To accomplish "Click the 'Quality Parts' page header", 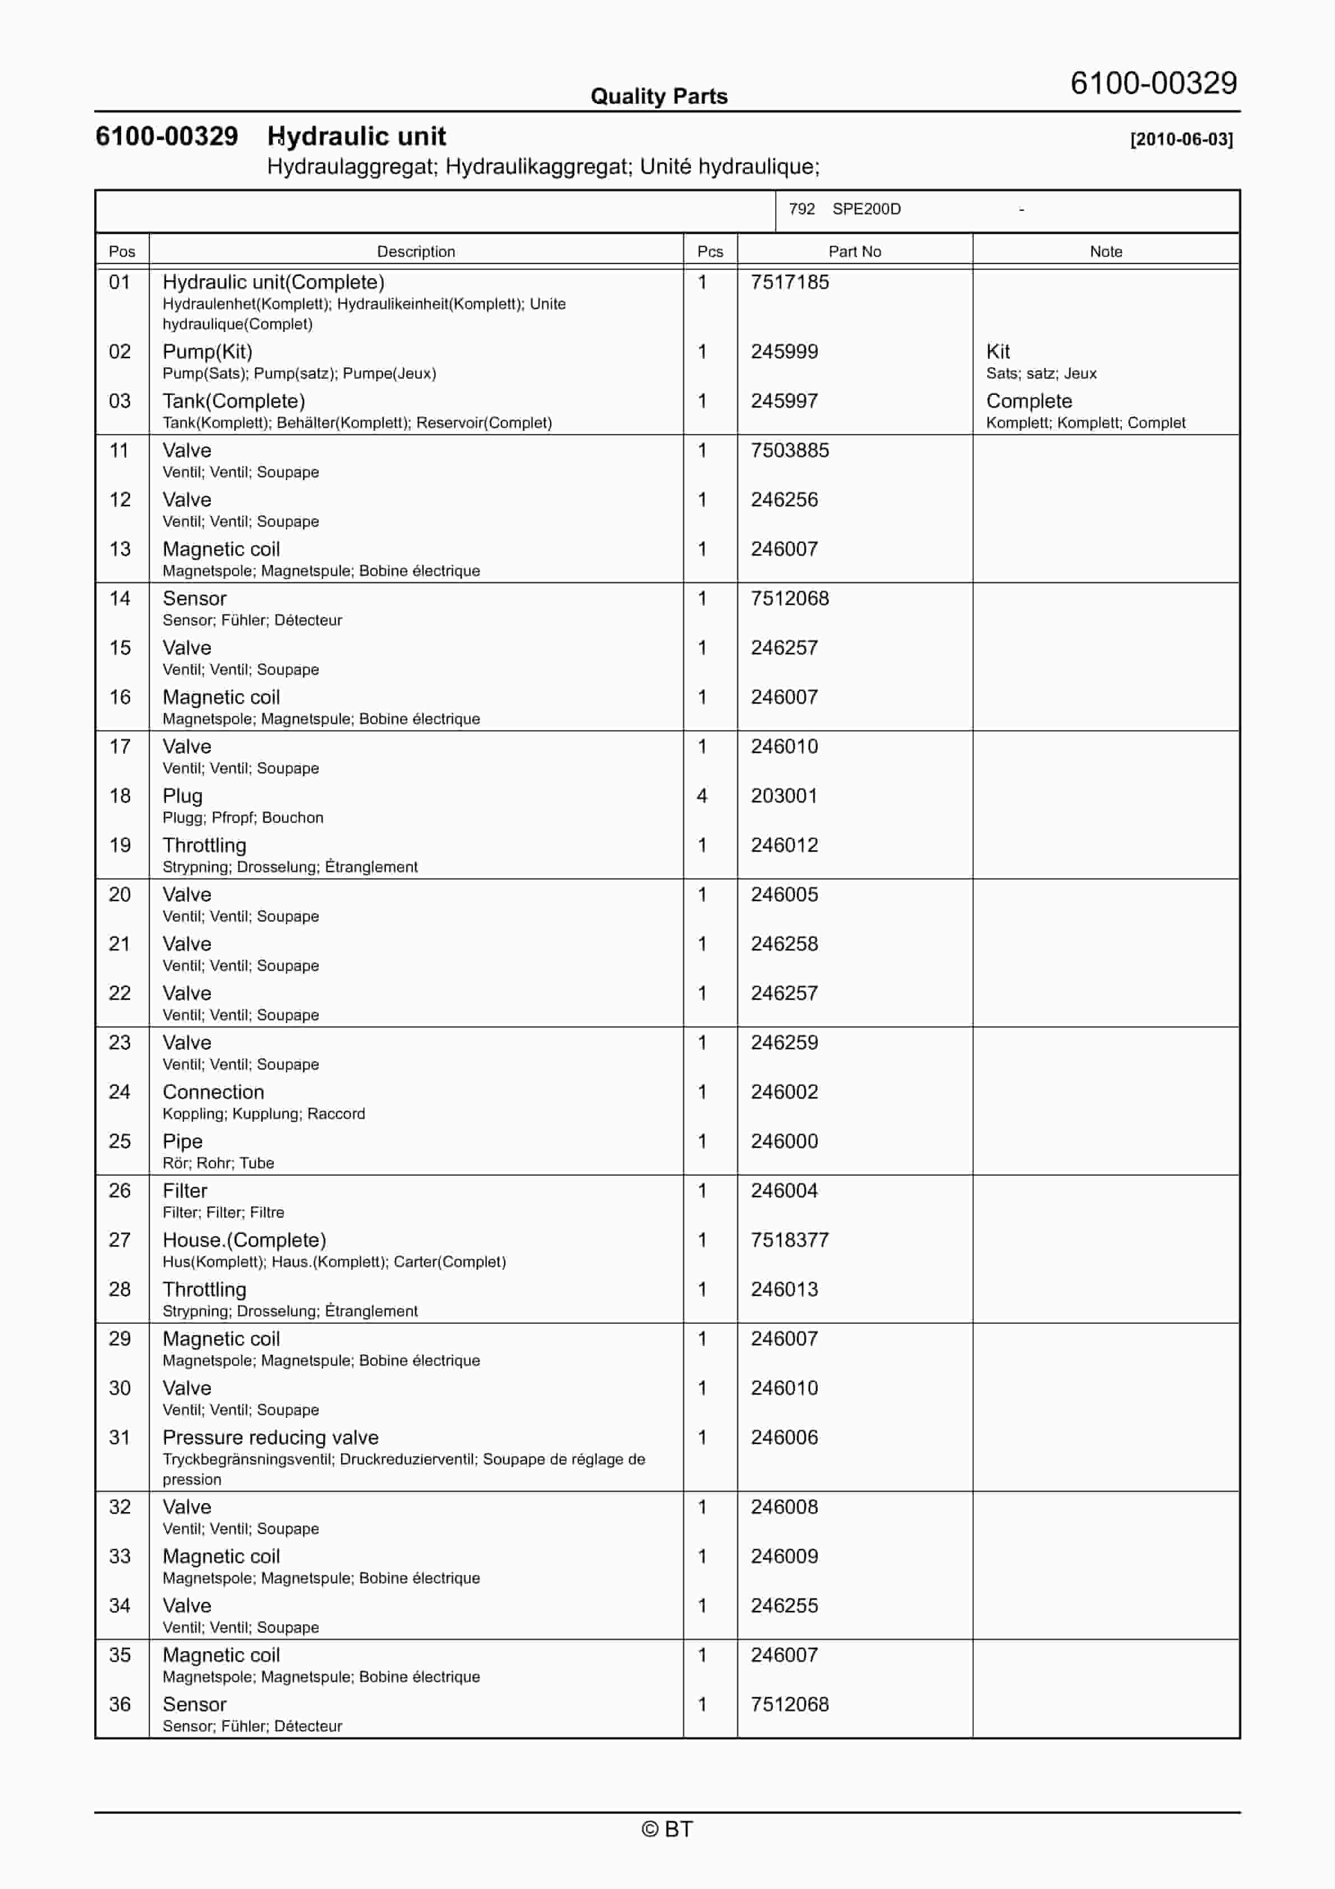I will coord(659,96).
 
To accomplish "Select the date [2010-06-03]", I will coord(1181,139).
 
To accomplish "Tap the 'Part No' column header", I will coord(854,252).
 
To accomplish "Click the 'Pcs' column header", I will coord(710,252).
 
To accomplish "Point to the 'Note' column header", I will coord(1106,252).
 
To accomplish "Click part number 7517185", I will coord(789,282).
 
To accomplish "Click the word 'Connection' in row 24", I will coord(213,1092).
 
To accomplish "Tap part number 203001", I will coord(784,795).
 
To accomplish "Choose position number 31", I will coord(119,1438).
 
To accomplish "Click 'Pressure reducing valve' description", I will coord(270,1438).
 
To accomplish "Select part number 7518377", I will coord(789,1240).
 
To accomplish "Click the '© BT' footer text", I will coord(667,1829).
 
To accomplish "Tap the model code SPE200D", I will coord(866,209).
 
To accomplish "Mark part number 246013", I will coord(784,1289).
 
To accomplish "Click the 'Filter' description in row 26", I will coord(185,1191).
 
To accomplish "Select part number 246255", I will coord(784,1605).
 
